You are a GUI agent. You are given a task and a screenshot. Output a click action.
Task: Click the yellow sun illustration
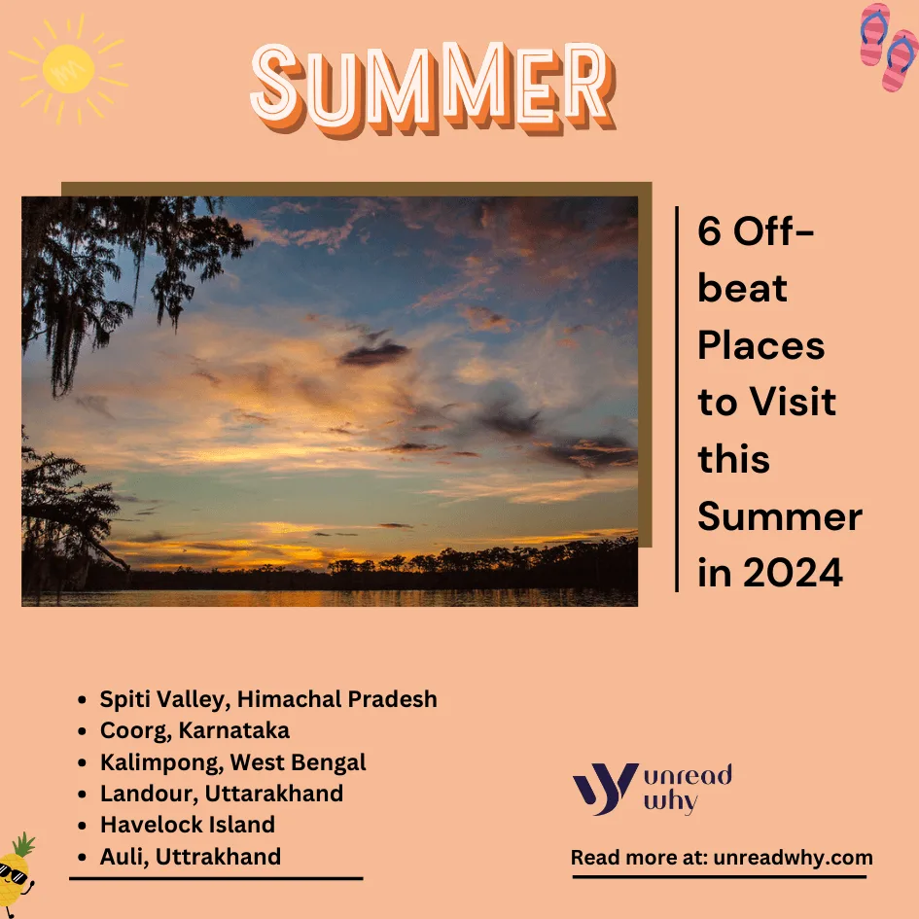(x=68, y=69)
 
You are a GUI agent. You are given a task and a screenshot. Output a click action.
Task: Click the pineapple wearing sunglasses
(x=16, y=873)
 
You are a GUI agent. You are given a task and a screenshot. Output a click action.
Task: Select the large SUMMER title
(x=433, y=88)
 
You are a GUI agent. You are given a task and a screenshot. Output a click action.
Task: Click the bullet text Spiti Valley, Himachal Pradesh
(x=268, y=698)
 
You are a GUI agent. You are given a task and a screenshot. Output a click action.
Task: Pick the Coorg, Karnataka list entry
(x=194, y=730)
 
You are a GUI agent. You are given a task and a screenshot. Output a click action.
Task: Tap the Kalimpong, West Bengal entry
(x=232, y=761)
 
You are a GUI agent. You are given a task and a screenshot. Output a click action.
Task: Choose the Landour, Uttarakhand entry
(x=222, y=793)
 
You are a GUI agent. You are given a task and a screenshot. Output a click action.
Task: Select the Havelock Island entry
(x=188, y=825)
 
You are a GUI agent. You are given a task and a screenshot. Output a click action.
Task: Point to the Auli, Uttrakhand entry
(x=191, y=857)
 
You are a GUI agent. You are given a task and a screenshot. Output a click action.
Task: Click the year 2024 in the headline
(x=793, y=573)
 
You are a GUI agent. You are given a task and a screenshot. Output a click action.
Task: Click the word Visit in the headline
(x=793, y=402)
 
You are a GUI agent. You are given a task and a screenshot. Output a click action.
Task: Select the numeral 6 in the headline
(x=709, y=230)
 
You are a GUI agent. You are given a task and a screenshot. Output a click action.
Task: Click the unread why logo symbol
(x=604, y=788)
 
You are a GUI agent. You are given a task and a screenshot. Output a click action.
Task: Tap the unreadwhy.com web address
(x=793, y=858)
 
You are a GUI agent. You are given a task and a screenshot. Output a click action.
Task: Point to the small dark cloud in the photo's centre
(x=373, y=353)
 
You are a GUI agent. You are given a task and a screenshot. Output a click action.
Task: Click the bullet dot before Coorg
(x=82, y=731)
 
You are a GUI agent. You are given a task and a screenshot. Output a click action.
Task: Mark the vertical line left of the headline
(x=677, y=399)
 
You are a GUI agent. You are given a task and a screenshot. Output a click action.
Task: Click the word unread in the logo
(x=689, y=775)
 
